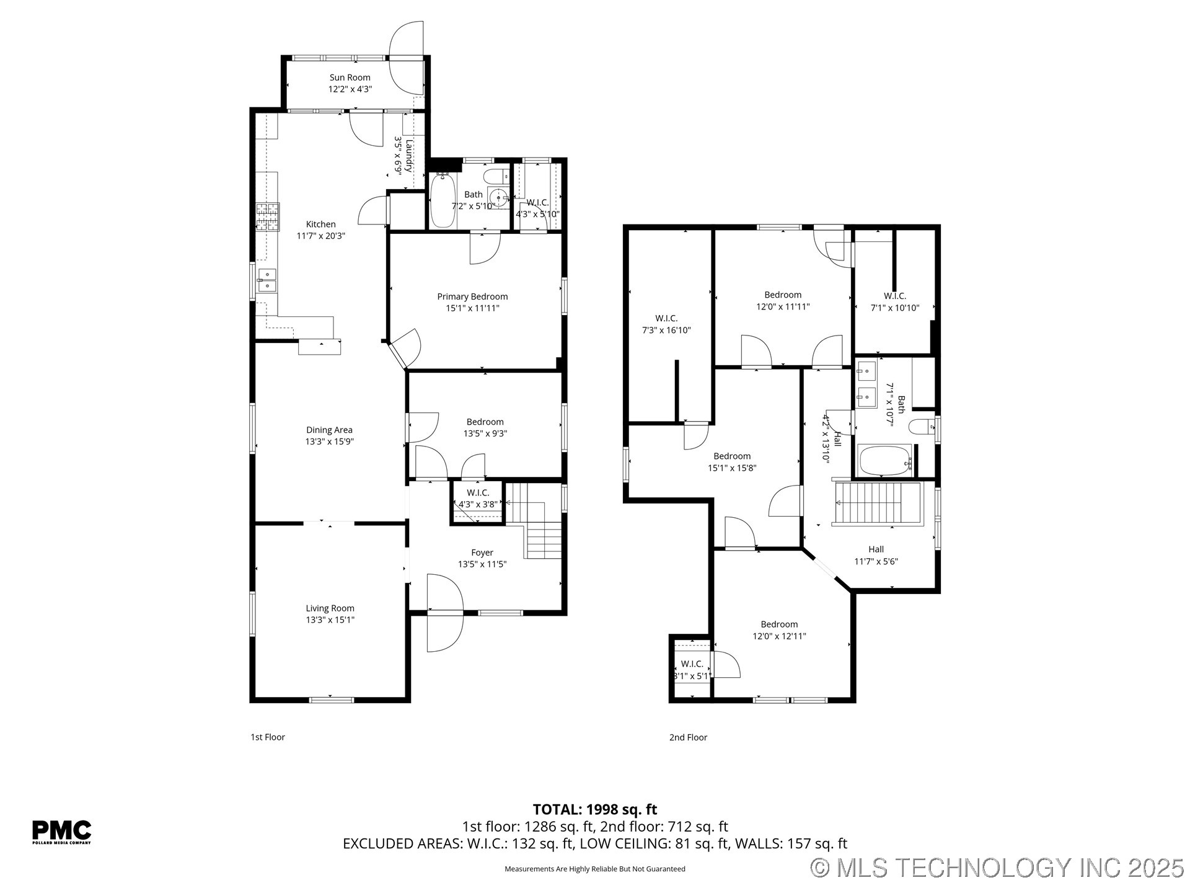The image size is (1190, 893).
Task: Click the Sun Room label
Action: point(350,78)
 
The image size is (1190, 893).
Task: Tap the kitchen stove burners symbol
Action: point(268,217)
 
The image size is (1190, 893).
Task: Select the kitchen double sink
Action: point(267,280)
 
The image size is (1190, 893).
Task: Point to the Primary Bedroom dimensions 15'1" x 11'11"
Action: point(472,308)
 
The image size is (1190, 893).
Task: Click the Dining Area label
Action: point(329,430)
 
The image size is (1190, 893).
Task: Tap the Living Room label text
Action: point(330,608)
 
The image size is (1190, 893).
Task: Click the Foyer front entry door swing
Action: point(444,613)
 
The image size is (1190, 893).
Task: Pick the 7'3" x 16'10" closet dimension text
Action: point(666,331)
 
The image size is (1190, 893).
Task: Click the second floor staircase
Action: point(878,503)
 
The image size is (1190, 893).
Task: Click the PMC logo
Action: point(61,832)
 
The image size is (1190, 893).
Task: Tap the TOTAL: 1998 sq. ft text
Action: point(594,809)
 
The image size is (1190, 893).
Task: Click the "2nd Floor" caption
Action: point(688,737)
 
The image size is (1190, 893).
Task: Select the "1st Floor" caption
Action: point(268,737)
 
